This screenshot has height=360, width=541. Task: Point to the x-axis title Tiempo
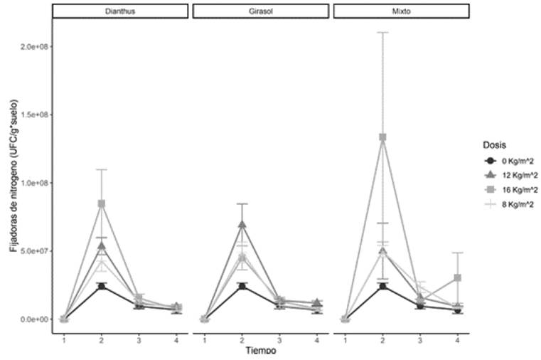coord(260,350)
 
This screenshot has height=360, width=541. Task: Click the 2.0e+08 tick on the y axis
coord(31,46)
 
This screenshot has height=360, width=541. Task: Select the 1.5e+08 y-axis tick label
coord(31,115)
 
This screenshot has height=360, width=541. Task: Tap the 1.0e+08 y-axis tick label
coord(31,183)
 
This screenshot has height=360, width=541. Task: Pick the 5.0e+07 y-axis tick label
coord(31,251)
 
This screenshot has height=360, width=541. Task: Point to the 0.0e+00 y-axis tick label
coord(31,319)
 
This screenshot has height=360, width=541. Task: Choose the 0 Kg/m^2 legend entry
coord(509,160)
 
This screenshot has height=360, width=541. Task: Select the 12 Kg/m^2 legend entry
coord(511,175)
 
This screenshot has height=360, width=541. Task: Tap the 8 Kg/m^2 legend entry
coord(509,204)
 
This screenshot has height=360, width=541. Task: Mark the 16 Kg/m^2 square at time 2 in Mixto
coord(383,137)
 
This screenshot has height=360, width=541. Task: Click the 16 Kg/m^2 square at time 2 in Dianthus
coord(102,203)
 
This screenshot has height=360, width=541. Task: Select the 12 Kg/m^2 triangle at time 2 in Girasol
coord(242,225)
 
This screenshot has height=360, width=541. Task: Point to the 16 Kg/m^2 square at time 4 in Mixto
coord(459,277)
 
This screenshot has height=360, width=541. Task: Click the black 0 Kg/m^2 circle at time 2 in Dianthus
coord(102,286)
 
